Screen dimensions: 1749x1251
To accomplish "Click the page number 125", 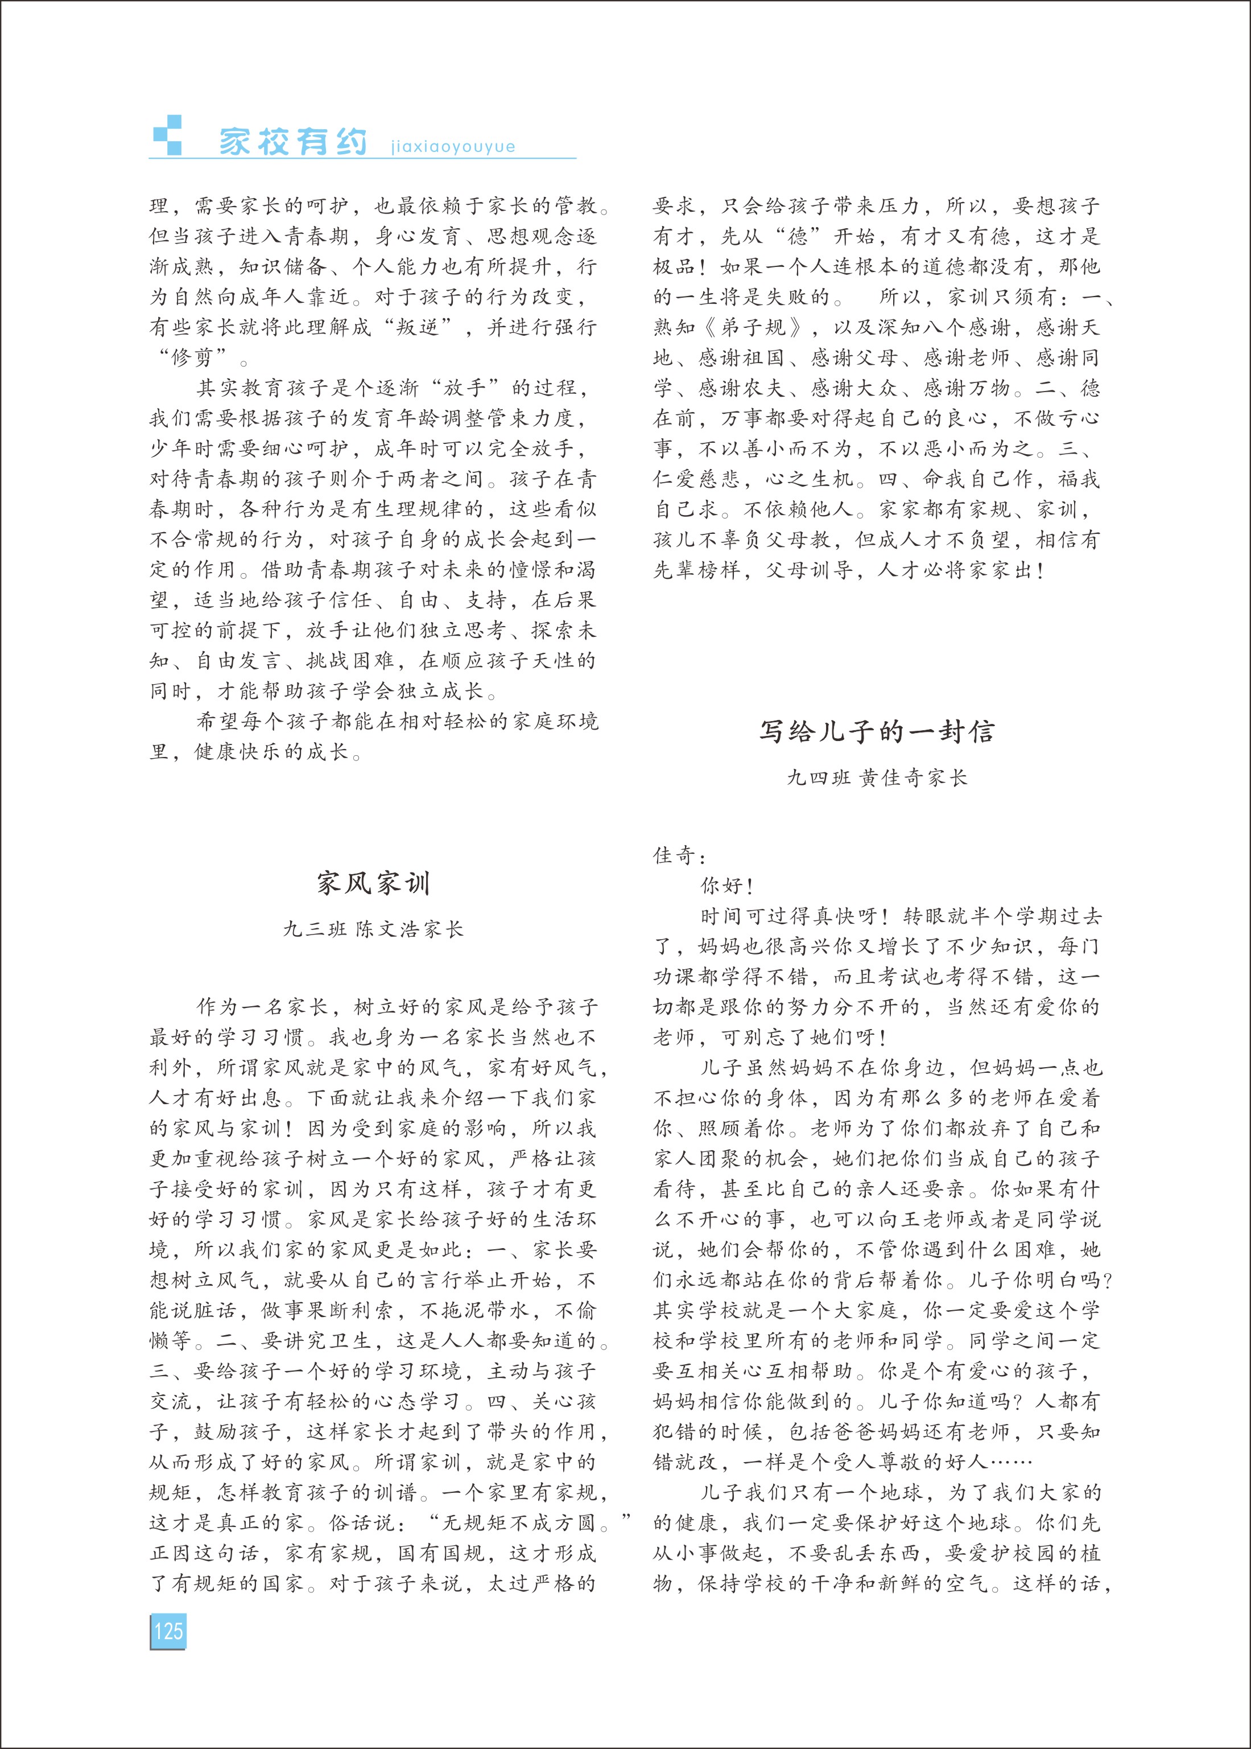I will point(168,1631).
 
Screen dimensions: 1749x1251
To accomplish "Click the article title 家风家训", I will point(374,883).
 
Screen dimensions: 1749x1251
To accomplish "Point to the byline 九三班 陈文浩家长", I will point(374,929).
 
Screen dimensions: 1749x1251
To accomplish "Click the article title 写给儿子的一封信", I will point(877,731).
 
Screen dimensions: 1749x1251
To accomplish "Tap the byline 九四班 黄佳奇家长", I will point(877,777).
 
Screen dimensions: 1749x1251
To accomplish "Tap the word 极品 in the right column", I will point(675,266).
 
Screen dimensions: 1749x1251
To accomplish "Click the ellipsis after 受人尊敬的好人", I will point(1009,1462).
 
